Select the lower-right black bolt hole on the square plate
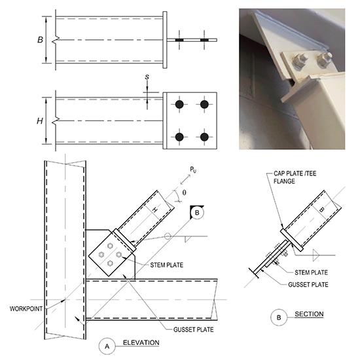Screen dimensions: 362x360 click(x=205, y=137)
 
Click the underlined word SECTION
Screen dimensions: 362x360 click(x=308, y=315)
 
